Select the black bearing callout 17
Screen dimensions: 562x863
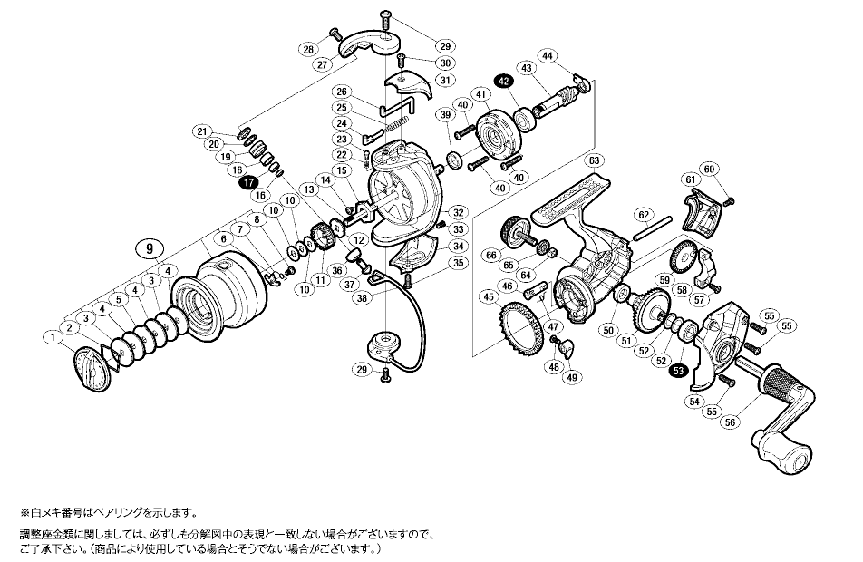(247, 182)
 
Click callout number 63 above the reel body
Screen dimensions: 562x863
(594, 160)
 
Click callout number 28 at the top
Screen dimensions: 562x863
(309, 49)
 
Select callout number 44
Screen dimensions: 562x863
(573, 57)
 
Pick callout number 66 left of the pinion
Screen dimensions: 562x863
(491, 256)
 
